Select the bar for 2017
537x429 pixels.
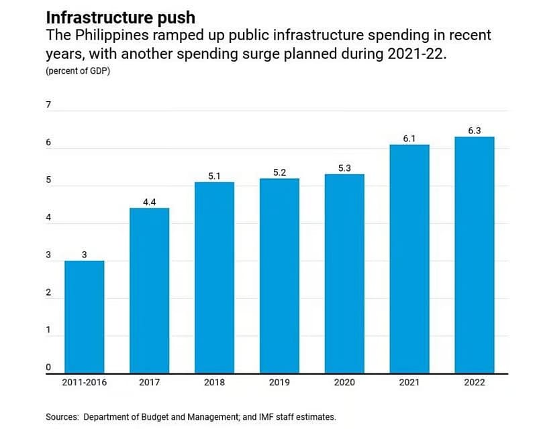[x=149, y=290]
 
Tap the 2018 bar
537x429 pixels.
[x=214, y=277]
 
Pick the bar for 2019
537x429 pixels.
[x=279, y=275]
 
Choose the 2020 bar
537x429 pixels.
[x=344, y=273]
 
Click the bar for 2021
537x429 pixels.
[x=409, y=258]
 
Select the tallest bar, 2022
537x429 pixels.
[x=475, y=254]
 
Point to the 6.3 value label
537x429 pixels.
[x=475, y=131]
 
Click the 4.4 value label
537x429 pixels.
[x=149, y=202]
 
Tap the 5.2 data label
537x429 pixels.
[x=279, y=172]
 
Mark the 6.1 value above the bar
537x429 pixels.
[x=409, y=138]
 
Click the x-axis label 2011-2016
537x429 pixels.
[x=84, y=382]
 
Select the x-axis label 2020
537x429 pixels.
[x=344, y=382]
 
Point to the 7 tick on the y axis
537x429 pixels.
[x=48, y=105]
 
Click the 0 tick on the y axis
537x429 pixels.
[x=48, y=367]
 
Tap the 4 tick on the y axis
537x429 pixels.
[x=48, y=218]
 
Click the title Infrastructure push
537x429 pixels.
[x=120, y=16]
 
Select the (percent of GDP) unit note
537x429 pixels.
[x=78, y=72]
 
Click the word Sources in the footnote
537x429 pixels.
[x=62, y=417]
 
